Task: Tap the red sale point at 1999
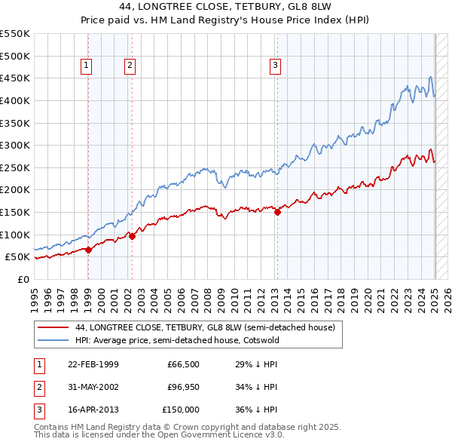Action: pyautogui.click(x=88, y=250)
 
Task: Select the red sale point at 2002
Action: pyautogui.click(x=132, y=236)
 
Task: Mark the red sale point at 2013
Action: pyautogui.click(x=277, y=212)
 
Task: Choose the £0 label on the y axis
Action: pyautogui.click(x=23, y=279)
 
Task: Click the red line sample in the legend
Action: pyautogui.click(x=53, y=327)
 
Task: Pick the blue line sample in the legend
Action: pyautogui.click(x=53, y=341)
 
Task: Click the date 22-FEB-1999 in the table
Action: pyautogui.click(x=93, y=365)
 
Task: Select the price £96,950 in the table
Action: pyautogui.click(x=183, y=387)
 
